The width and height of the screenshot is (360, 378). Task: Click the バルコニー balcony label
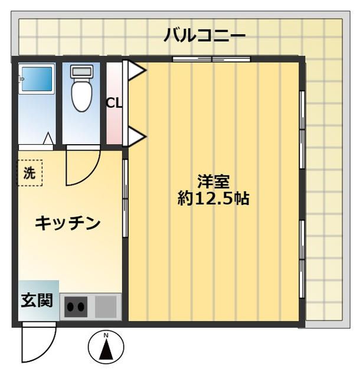(205, 35)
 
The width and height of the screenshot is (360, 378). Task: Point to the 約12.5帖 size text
(213, 198)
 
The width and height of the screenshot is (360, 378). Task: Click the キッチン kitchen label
(67, 223)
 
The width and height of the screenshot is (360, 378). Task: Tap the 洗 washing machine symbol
(29, 174)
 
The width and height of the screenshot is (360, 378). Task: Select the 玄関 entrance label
(37, 301)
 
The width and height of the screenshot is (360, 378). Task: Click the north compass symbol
(106, 347)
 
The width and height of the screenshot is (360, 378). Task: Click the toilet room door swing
(80, 167)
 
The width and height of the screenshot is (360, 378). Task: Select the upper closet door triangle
(136, 71)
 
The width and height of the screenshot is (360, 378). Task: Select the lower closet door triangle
(136, 138)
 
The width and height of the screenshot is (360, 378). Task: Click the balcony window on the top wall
(211, 58)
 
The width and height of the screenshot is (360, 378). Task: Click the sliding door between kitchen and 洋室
(125, 198)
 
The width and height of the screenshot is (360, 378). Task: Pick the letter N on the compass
(106, 337)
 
